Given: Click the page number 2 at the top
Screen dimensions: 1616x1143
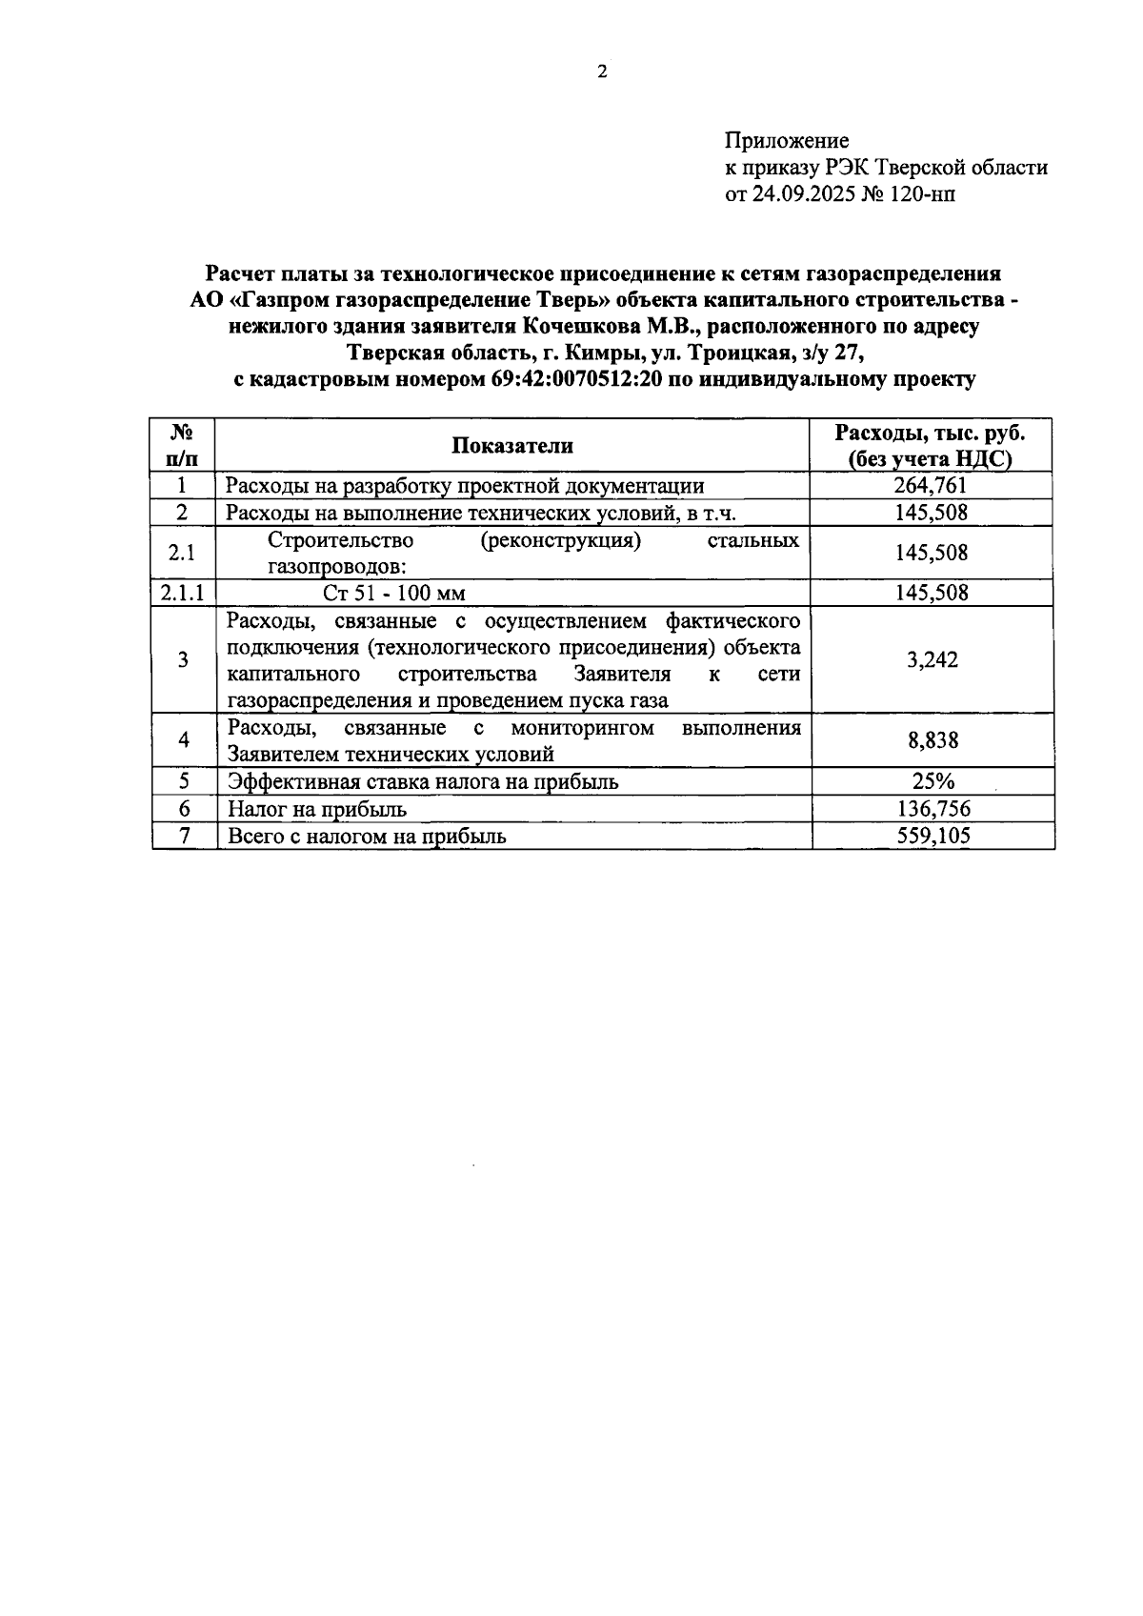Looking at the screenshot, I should coord(601,72).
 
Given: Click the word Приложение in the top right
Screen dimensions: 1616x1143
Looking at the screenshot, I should coord(787,141).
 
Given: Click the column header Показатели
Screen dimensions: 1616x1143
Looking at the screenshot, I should coord(512,446).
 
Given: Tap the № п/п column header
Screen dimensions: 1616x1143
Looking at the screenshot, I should coord(183,445).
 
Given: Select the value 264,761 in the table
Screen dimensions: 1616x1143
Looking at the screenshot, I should coord(932,486).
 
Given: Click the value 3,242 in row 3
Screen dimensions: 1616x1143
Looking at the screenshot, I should coord(932,660).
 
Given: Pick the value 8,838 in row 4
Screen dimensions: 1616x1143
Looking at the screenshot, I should coord(932,740).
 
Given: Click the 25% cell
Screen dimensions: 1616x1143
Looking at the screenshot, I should coord(932,782).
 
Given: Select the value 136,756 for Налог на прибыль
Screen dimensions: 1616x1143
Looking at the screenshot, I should coord(932,809).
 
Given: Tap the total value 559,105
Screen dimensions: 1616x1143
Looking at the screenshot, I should coord(932,837).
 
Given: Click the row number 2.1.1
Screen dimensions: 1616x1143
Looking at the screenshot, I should coord(182,593).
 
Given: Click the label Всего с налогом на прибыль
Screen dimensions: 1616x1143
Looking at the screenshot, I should coord(367,837).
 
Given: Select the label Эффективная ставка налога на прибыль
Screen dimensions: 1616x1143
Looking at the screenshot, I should coord(423,782).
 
